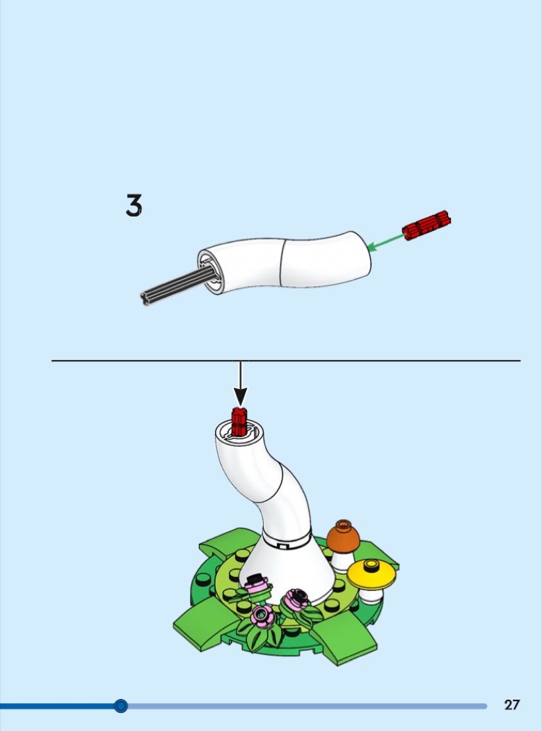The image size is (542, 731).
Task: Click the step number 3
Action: click(134, 205)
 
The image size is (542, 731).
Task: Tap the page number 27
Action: click(511, 705)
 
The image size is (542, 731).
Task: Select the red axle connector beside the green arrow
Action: click(427, 225)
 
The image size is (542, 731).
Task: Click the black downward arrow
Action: click(241, 383)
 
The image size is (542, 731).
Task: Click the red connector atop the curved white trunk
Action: click(239, 421)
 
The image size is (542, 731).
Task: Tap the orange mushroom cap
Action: click(343, 536)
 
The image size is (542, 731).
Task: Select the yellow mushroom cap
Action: click(372, 574)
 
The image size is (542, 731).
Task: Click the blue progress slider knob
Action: click(120, 706)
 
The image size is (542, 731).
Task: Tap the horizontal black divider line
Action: click(286, 361)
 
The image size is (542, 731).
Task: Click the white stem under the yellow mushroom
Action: click(371, 595)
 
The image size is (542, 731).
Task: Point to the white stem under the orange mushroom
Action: click(342, 561)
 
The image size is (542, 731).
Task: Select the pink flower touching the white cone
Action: click(257, 585)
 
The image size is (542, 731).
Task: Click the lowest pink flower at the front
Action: click(263, 616)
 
